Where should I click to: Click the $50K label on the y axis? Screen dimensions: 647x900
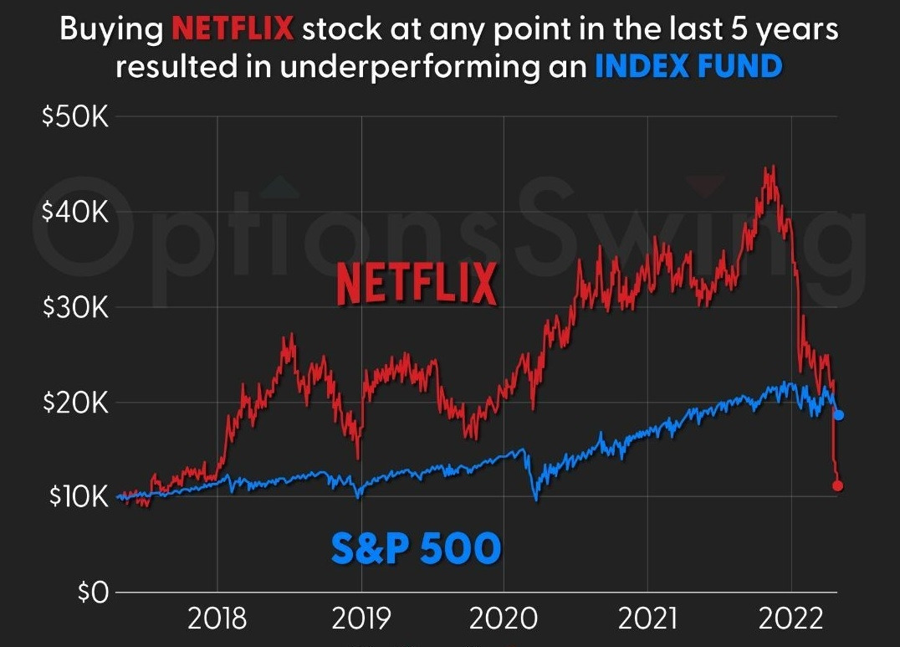(x=74, y=117)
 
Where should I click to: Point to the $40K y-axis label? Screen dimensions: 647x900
(x=74, y=213)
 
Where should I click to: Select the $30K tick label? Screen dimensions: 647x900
(x=74, y=307)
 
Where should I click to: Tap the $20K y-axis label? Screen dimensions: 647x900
(x=74, y=403)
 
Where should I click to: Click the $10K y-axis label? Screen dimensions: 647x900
(x=74, y=497)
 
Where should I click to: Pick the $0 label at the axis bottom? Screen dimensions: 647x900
(x=92, y=593)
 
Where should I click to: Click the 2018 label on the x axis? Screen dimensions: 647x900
(x=217, y=619)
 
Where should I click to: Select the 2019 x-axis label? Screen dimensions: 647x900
(x=361, y=619)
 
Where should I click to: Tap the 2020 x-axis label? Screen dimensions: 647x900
(x=504, y=619)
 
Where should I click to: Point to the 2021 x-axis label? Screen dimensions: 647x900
(x=647, y=619)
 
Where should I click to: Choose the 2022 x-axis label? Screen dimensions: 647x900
(x=790, y=619)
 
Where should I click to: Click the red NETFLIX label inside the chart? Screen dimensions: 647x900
(x=417, y=285)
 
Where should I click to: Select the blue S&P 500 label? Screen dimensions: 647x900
(x=416, y=548)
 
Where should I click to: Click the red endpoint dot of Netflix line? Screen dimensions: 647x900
(x=838, y=485)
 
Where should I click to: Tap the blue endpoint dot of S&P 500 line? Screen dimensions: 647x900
(x=839, y=415)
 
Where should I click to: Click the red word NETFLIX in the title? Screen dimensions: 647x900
(x=233, y=30)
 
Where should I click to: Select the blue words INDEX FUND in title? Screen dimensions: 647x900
(x=688, y=66)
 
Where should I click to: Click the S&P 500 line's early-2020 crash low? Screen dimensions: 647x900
(x=536, y=500)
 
